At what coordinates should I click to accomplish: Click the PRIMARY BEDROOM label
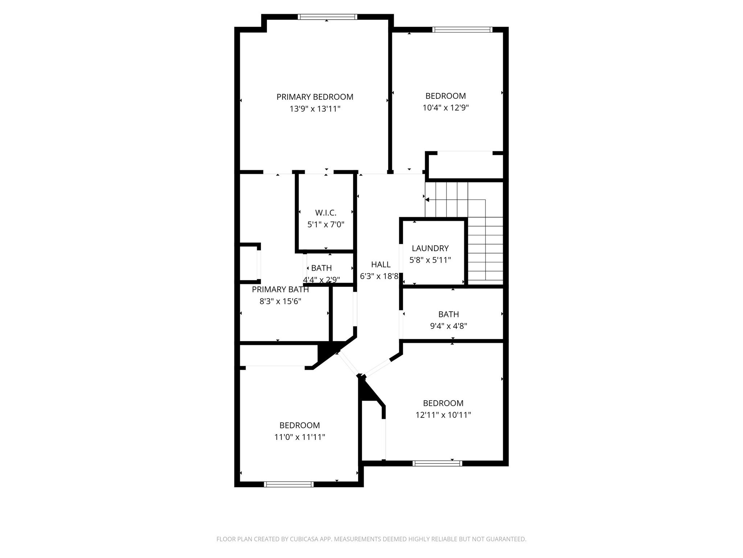coord(315,97)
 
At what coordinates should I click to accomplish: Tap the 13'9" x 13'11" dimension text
coord(315,109)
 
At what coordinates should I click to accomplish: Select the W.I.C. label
coord(325,213)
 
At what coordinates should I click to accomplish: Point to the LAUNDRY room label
coord(430,248)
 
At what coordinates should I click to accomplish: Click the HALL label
coord(381,264)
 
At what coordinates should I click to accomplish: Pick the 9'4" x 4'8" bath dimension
coord(448,326)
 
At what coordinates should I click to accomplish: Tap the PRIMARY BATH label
coord(280,290)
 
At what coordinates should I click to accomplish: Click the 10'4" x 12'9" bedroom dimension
coord(446,108)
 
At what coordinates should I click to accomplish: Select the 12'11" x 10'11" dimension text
coord(443,415)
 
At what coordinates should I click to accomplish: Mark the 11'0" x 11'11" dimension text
coord(299,437)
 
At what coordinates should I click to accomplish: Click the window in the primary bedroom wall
coord(327,17)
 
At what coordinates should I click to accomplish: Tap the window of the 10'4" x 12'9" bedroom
coord(462,30)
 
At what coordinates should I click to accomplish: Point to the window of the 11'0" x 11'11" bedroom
coord(288,484)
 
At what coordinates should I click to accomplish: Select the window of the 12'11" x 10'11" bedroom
coord(437,463)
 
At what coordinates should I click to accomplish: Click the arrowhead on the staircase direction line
coord(427,200)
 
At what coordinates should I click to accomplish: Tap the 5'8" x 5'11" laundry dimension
coord(430,260)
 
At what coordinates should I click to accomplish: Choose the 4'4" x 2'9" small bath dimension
coord(321,280)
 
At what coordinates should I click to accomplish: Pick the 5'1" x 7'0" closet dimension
coord(325,225)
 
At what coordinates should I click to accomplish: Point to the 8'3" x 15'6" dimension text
coord(280,301)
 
